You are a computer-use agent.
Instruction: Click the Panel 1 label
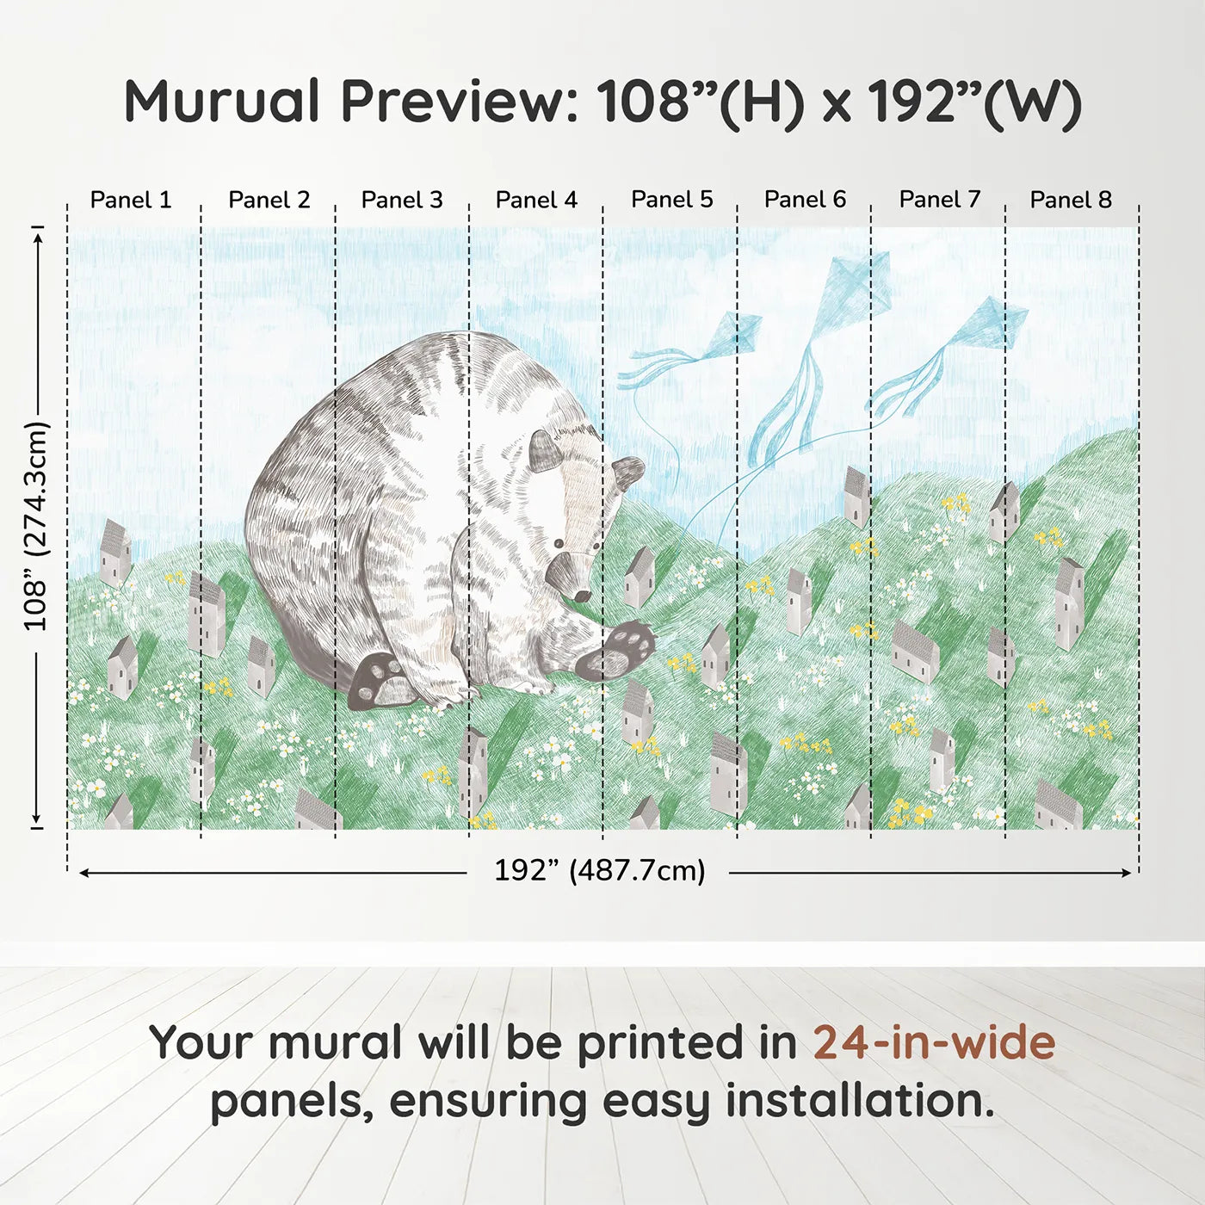coord(131,200)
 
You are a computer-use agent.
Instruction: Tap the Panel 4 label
coord(536,200)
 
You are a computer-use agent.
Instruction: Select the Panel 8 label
coord(1071,200)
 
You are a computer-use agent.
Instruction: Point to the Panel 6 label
coord(805,200)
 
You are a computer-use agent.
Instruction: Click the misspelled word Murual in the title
coord(221,102)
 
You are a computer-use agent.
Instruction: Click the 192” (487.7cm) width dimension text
coord(599,870)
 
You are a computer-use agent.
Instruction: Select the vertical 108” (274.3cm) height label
coord(36,526)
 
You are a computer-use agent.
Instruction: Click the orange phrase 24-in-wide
coord(934,1042)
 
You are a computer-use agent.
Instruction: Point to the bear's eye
coord(559,544)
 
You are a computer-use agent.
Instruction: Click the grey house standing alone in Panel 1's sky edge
coord(115,553)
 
